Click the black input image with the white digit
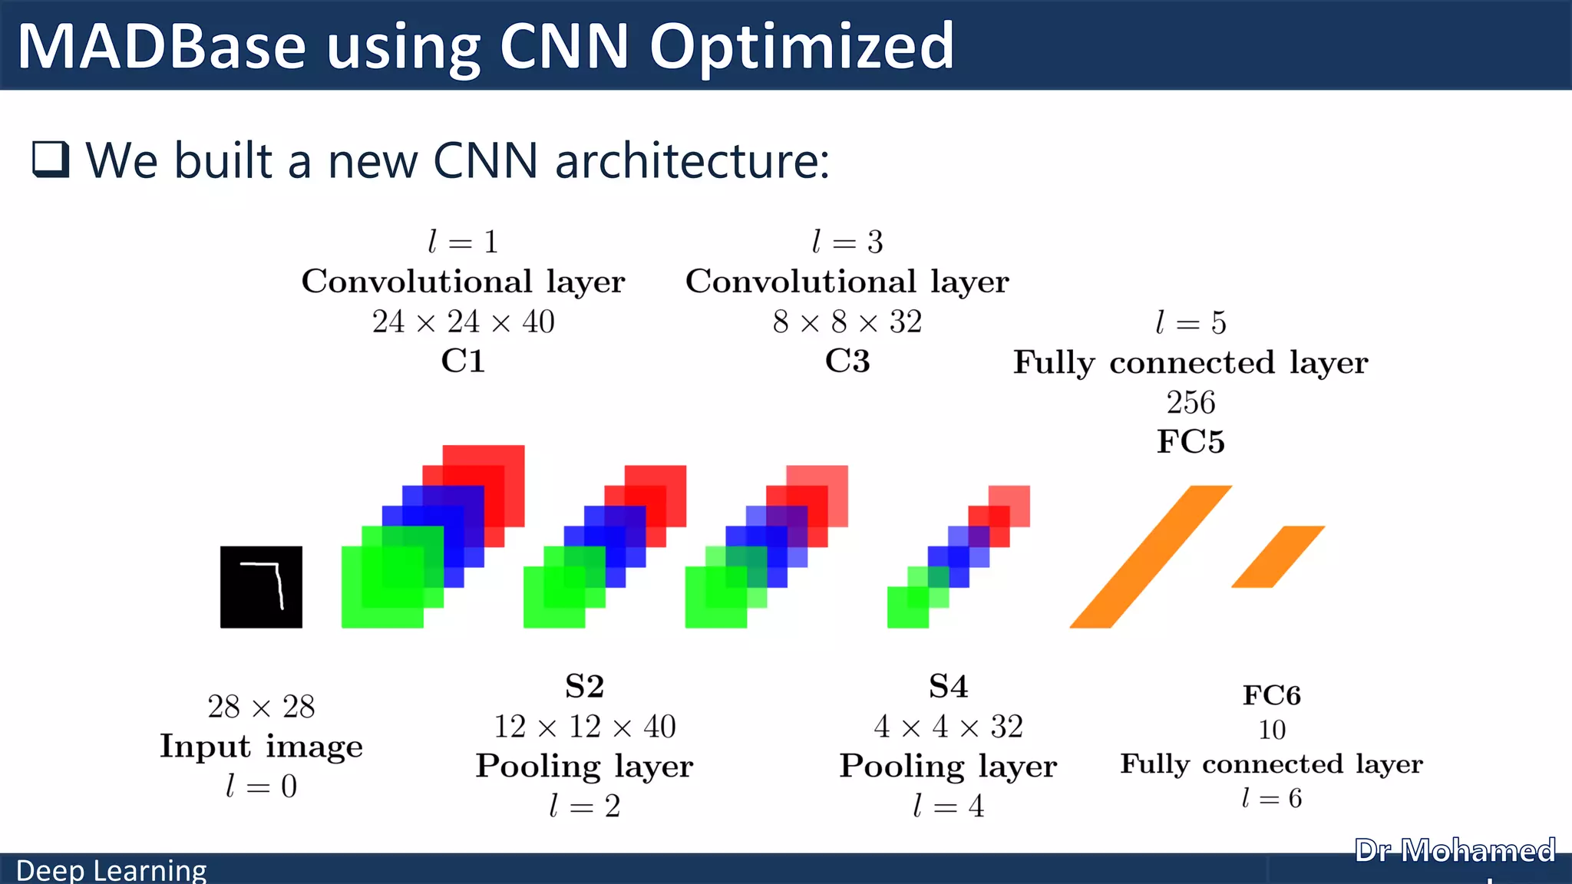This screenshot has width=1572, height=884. [261, 587]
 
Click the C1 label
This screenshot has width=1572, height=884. [463, 361]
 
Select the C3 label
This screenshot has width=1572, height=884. [847, 361]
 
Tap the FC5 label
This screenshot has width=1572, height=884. [1191, 441]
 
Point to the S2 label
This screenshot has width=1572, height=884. [584, 686]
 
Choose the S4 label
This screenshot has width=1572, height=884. [948, 686]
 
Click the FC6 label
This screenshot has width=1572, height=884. [1272, 695]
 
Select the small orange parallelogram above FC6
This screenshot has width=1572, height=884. [1278, 556]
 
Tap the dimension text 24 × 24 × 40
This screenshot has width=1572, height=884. [463, 322]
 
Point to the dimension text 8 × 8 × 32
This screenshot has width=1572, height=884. [847, 322]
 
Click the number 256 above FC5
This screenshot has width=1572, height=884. [1191, 402]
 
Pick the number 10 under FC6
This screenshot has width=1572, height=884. [1272, 730]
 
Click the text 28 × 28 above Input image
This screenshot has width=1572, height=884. [261, 707]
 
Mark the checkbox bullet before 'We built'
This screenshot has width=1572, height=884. [51, 160]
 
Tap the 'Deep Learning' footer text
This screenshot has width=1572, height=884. [111, 870]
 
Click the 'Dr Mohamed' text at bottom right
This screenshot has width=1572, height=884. [1455, 850]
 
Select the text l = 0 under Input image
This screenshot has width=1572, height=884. [261, 786]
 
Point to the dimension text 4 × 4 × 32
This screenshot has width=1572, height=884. [948, 727]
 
